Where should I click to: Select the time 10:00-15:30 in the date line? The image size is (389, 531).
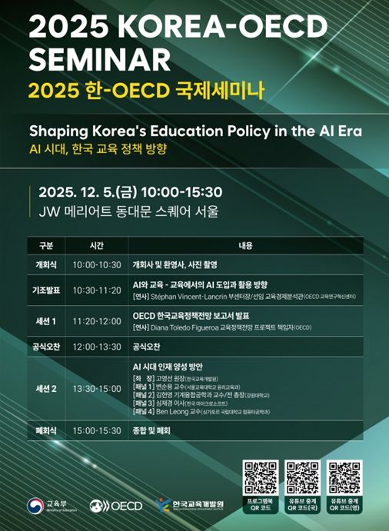point(184,191)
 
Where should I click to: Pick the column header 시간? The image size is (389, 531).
point(95,247)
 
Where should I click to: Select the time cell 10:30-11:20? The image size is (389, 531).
point(97,290)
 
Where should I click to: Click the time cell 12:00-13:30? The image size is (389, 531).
point(97,347)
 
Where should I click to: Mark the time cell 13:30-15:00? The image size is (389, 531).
point(97,389)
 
